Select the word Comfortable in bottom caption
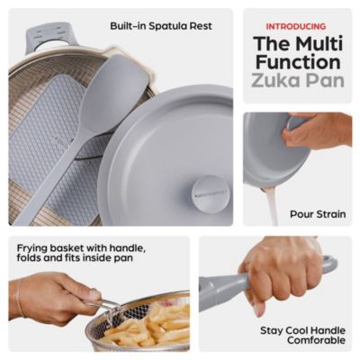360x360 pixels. [x=302, y=340]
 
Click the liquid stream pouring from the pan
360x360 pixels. [x=272, y=206]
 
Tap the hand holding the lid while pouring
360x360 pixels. [x=319, y=130]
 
